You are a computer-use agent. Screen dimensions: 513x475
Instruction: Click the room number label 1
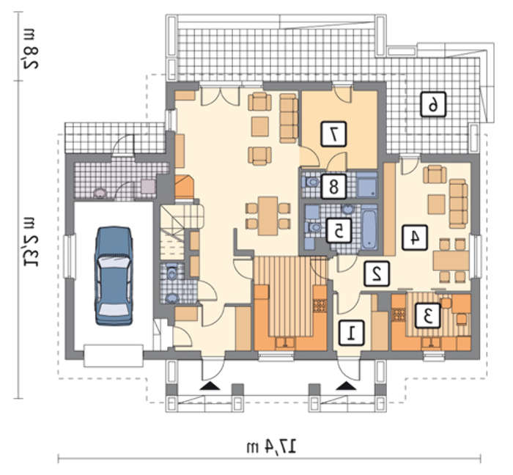tap(351, 333)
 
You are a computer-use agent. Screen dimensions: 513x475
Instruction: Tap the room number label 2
tap(377, 274)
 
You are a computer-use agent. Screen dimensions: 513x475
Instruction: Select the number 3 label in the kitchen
tap(427, 316)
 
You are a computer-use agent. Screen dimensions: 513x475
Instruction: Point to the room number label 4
tap(415, 237)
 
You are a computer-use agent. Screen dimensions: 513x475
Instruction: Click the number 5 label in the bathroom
tap(339, 231)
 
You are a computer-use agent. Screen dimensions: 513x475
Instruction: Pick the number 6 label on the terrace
tap(433, 105)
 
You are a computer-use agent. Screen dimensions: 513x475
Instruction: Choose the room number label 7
tap(333, 134)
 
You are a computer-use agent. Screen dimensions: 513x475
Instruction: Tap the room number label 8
tap(333, 186)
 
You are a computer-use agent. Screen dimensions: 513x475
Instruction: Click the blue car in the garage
tap(114, 275)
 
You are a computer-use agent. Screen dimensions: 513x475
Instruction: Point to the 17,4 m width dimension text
tap(272, 447)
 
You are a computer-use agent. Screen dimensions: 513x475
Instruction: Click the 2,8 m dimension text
tap(31, 48)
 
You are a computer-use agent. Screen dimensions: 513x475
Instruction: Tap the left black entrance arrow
tap(210, 386)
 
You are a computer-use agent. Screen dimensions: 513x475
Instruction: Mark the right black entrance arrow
tap(346, 386)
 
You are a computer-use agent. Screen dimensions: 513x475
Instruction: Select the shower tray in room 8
tap(366, 185)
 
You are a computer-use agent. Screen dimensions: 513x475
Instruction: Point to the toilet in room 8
tap(311, 183)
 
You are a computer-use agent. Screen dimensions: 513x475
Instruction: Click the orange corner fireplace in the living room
tap(185, 187)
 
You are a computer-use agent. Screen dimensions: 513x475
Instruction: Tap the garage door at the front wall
tap(113, 356)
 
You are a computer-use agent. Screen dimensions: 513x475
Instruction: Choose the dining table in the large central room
tap(267, 216)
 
